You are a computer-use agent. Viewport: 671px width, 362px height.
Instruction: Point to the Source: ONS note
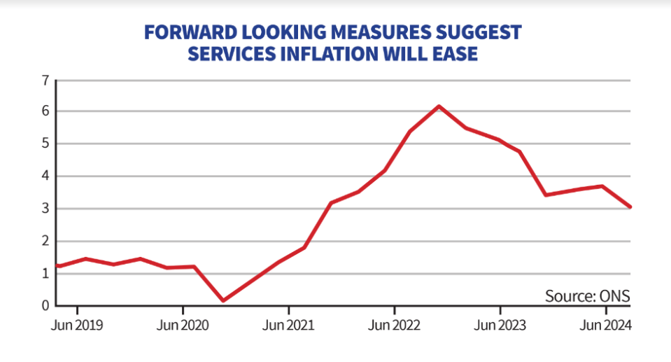pos(588,296)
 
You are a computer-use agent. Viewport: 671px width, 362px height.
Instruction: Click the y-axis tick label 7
pos(45,81)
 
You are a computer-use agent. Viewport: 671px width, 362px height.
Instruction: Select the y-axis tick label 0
pos(45,306)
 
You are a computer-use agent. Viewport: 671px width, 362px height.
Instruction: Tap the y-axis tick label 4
pos(45,176)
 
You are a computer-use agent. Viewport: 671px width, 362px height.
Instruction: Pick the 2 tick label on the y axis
pos(45,241)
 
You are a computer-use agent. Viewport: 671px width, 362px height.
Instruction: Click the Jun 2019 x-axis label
pos(77,325)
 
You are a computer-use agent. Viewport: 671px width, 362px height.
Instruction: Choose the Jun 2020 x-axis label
pos(183,325)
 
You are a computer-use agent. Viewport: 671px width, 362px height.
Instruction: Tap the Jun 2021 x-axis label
pos(288,325)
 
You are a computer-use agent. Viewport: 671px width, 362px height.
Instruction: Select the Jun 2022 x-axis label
pos(394,325)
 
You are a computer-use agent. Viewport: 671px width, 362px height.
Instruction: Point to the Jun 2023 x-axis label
pos(500,325)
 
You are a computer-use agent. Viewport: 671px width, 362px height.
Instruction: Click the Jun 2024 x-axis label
pos(605,325)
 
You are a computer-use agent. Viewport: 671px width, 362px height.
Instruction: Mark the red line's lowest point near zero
pos(223,300)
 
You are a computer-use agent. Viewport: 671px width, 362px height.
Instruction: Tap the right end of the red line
pos(630,207)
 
